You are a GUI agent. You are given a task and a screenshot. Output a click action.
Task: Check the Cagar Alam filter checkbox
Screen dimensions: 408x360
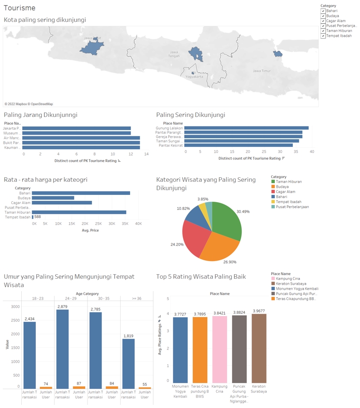coord(323,21)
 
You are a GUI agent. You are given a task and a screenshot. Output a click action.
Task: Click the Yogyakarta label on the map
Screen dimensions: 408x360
coord(195,77)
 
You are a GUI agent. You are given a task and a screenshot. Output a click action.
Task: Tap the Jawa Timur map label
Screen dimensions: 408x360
coord(262,71)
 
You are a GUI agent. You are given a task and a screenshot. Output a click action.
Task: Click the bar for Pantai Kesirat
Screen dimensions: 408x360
coord(238,145)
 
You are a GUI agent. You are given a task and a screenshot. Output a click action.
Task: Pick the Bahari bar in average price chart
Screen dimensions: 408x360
coord(81,193)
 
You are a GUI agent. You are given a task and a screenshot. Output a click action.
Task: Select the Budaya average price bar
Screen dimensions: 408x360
coord(53,198)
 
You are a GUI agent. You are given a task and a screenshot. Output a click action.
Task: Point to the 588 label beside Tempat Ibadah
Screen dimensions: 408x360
coord(38,217)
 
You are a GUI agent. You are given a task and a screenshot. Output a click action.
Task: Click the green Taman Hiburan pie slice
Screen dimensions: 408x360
coord(227,220)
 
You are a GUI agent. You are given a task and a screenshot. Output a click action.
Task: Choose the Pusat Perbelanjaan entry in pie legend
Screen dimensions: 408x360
coord(292,207)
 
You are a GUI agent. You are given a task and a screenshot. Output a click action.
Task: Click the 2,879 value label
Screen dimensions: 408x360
coord(62,307)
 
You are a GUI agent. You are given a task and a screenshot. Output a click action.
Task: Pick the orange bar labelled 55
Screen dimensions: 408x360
coord(145,388)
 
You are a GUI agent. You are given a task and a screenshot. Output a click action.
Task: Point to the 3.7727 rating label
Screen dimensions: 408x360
coord(180,314)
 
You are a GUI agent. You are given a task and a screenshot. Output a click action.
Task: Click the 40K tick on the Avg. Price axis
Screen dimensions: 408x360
coord(138,223)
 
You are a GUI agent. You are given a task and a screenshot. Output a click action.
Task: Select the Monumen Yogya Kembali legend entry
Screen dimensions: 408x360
coord(297,289)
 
